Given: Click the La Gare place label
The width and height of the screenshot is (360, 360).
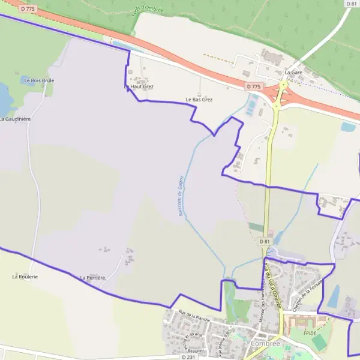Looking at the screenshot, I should point(293,72).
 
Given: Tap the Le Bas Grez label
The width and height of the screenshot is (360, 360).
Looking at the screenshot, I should point(199,100).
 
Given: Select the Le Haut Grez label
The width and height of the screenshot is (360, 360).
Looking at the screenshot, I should point(139,87).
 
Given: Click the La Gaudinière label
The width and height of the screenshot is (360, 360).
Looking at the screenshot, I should point(14,119).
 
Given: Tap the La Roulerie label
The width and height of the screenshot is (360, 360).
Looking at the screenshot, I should point(25,277).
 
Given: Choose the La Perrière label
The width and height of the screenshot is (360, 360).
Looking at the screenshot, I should point(92,278).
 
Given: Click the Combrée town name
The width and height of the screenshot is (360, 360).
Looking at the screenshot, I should point(266,343).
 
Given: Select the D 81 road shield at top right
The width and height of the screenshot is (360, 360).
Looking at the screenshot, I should point(352,4).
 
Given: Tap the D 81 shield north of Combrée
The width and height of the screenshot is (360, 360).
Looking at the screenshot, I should point(265,241).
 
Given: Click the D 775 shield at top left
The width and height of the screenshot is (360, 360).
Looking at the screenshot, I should point(27,8).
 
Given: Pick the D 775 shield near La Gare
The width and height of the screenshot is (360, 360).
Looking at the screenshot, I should point(254,87).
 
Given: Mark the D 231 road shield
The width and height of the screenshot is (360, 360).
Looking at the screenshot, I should point(188,357).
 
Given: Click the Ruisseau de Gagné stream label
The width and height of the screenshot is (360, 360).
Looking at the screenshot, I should point(180,196).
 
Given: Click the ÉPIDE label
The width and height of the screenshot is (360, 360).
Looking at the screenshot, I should point(310,332).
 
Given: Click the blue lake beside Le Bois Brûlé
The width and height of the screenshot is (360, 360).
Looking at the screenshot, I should point(5,99).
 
